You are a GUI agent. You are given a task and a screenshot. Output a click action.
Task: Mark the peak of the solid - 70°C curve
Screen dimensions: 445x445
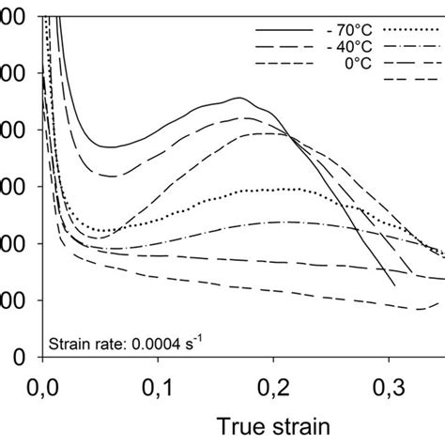240,98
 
